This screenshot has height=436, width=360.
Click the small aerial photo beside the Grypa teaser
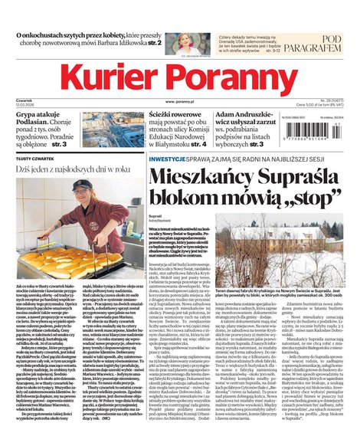(x=110, y=129)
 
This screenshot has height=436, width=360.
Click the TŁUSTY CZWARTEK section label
(x=35, y=158)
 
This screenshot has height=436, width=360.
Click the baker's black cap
(x=83, y=185)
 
